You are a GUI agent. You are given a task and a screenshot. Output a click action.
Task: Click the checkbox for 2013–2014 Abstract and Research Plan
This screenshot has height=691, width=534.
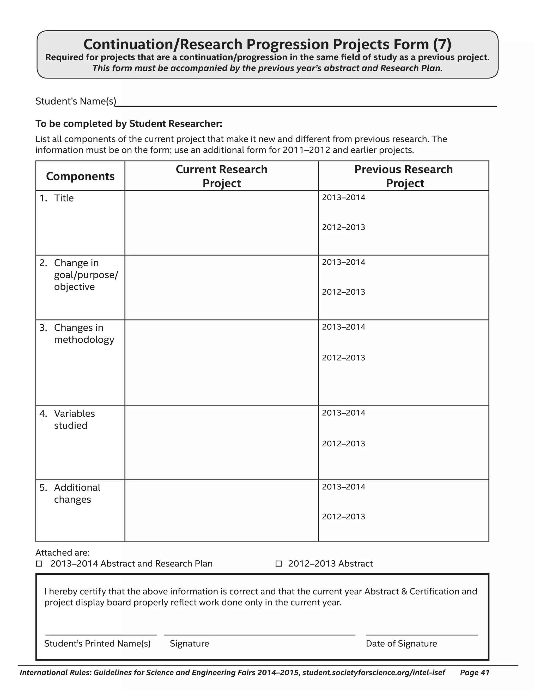point(39,563)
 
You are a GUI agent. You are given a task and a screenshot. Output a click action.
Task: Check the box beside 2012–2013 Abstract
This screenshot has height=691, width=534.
point(278,563)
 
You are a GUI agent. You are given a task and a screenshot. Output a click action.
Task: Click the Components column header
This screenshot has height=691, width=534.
point(80,176)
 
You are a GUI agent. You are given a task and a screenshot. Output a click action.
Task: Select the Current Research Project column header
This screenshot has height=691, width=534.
point(221,176)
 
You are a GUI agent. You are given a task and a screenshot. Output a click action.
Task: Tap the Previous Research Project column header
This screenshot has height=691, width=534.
point(403,176)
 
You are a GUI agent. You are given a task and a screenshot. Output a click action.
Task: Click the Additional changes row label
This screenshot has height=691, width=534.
point(77,493)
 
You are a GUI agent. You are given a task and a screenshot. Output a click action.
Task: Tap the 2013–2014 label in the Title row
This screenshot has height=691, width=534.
point(344,197)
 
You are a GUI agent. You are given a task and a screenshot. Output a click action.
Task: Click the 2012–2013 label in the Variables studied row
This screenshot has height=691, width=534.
point(344,444)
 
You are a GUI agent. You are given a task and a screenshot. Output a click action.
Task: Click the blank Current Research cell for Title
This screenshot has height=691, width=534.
point(221,223)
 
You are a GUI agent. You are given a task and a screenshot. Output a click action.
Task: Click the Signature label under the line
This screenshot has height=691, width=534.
point(189,644)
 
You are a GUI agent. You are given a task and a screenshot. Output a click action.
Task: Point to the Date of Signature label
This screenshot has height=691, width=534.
point(401,644)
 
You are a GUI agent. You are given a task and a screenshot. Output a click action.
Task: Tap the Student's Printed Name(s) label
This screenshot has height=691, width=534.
point(98,644)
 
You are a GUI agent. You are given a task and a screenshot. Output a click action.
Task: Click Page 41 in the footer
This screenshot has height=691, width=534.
point(475,672)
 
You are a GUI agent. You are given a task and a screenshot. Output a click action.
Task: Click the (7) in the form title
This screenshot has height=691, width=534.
point(442,44)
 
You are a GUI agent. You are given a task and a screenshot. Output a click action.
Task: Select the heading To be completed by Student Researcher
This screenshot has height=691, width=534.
point(129,124)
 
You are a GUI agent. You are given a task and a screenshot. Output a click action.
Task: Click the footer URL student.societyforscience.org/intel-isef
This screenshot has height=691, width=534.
point(374,672)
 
